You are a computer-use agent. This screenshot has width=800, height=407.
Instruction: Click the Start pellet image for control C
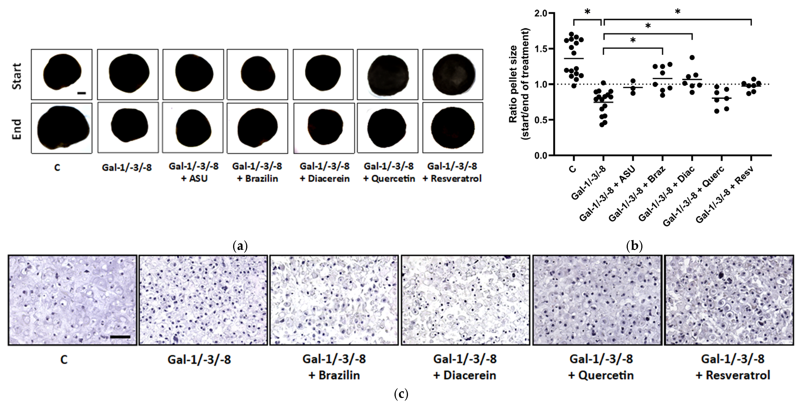click(61, 74)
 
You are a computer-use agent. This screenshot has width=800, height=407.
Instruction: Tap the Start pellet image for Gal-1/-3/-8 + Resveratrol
click(453, 74)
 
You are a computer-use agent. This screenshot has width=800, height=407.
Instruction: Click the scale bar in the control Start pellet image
click(81, 93)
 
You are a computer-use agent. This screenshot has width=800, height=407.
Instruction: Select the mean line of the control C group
click(574, 58)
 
